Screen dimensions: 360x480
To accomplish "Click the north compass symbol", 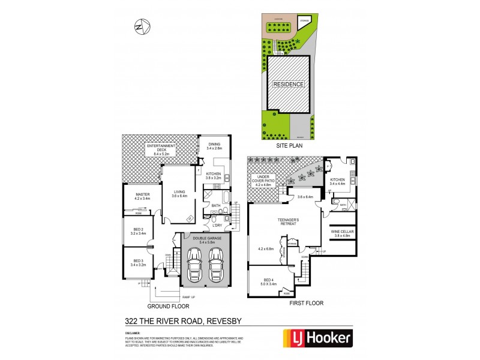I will [141, 26].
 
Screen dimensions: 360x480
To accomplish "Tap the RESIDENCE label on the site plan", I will [289, 84].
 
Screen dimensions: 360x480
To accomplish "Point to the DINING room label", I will [214, 146].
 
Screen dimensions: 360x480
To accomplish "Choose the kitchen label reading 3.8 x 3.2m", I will [214, 175].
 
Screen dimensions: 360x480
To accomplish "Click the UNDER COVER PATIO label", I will [265, 180].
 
